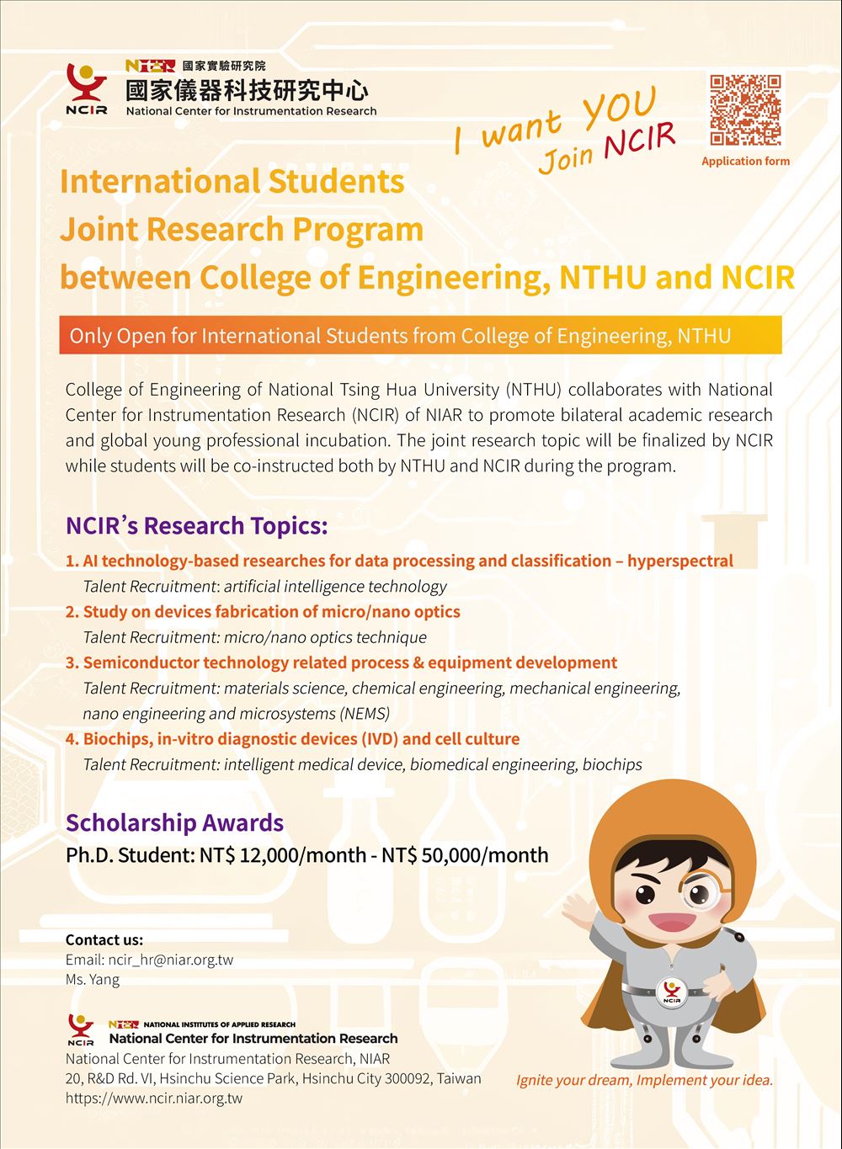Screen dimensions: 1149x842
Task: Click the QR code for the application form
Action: point(745,110)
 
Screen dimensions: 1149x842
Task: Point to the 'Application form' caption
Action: point(745,161)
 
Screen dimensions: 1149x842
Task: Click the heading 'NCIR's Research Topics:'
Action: point(196,526)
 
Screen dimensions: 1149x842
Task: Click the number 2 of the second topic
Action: point(71,612)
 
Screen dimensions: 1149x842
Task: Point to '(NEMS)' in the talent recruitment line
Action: point(364,714)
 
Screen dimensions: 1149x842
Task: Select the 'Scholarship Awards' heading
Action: point(174,822)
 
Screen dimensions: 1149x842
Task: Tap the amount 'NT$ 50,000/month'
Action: point(465,856)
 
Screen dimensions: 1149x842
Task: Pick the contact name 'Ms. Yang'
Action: point(93,979)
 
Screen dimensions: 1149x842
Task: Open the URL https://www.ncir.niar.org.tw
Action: point(154,1098)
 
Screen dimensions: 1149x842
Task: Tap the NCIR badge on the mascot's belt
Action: point(670,991)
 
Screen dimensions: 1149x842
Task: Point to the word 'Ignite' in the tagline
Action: point(536,1080)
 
